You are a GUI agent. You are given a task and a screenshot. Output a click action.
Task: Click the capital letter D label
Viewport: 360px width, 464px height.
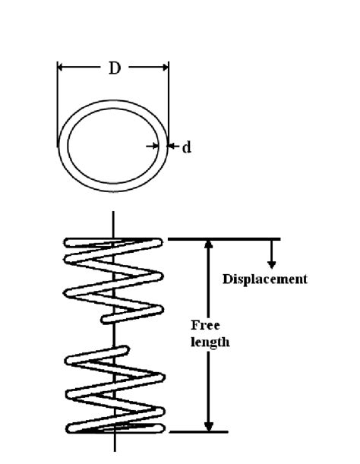tap(114, 68)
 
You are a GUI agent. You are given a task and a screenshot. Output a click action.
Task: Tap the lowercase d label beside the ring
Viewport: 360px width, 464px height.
tap(186, 147)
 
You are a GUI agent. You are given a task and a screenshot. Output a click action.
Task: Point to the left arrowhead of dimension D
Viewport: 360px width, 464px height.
tap(62, 68)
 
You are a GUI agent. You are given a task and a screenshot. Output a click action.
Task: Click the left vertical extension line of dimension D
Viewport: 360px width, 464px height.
tap(57, 106)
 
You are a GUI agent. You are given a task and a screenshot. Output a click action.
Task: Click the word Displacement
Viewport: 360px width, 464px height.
tap(264, 279)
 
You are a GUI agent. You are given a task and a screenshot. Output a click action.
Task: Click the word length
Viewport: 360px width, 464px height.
tap(210, 342)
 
